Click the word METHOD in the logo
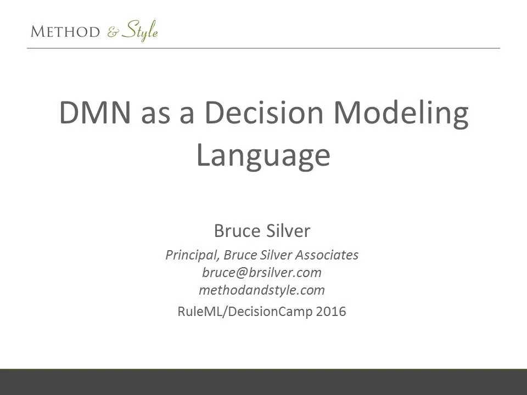tap(65, 32)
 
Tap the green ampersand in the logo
tap(113, 32)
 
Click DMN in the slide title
tap(95, 112)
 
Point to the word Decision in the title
tap(264, 112)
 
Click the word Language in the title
tap(263, 155)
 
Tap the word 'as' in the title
tap(155, 116)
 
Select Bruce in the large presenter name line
tap(237, 231)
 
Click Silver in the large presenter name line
tap(288, 231)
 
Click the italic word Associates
tap(327, 255)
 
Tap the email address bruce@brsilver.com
tap(262, 273)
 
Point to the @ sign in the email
tap(242, 273)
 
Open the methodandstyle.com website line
tap(262, 290)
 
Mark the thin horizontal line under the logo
tap(263, 48)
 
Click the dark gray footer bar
tap(263, 382)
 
